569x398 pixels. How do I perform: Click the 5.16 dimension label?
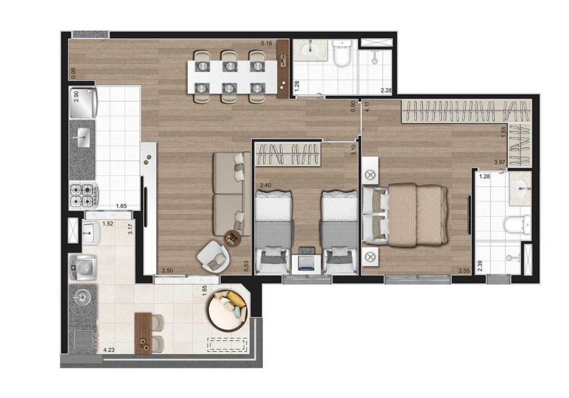pos(266,43)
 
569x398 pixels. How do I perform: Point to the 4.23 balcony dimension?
pos(109,350)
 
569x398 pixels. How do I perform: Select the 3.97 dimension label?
pos(499,162)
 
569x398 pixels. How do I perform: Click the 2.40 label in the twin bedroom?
pos(265,185)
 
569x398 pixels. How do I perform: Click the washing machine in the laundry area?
pos(82,268)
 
